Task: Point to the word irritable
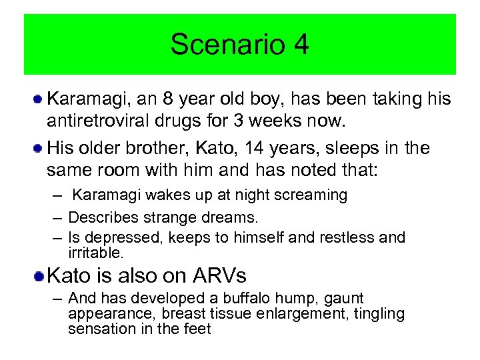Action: pos(95,253)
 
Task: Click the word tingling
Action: pos(378,314)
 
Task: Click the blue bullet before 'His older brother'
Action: pos(39,148)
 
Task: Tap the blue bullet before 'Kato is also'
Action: pos(39,275)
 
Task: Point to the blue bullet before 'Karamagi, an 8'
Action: pos(39,99)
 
